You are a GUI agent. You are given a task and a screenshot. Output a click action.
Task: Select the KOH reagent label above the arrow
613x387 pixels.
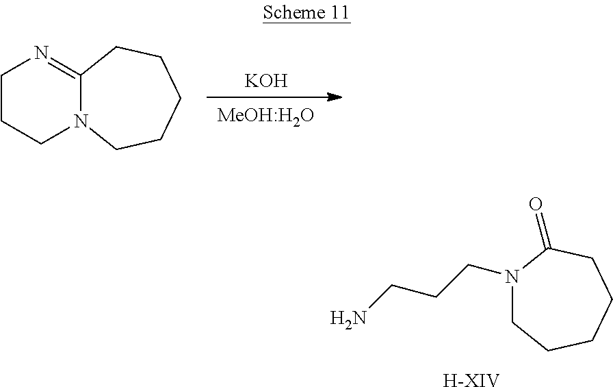point(265,82)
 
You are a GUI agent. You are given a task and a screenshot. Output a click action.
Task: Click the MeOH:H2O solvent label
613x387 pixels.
point(265,114)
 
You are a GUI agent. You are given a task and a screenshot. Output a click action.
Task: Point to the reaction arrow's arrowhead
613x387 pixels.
point(335,97)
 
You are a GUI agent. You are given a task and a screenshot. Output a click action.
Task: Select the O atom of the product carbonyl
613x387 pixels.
point(536,204)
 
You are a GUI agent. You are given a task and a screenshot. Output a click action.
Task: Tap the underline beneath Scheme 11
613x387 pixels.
point(306,23)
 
